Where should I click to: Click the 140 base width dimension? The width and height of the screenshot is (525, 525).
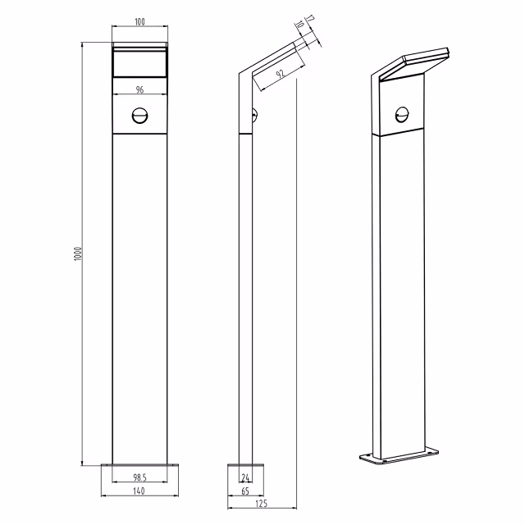click(x=139, y=491)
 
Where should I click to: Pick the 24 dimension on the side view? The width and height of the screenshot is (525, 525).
click(x=244, y=477)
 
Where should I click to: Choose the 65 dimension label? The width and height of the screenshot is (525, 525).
click(x=246, y=491)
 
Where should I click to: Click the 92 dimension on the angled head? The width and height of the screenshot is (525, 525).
click(x=281, y=75)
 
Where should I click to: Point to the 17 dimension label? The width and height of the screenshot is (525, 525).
click(x=309, y=19)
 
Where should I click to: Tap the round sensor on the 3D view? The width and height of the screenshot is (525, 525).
click(x=402, y=114)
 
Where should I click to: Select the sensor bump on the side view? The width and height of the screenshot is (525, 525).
click(x=254, y=115)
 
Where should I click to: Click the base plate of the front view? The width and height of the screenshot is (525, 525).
click(x=139, y=466)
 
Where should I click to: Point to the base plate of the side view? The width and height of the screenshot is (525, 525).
click(x=245, y=466)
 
